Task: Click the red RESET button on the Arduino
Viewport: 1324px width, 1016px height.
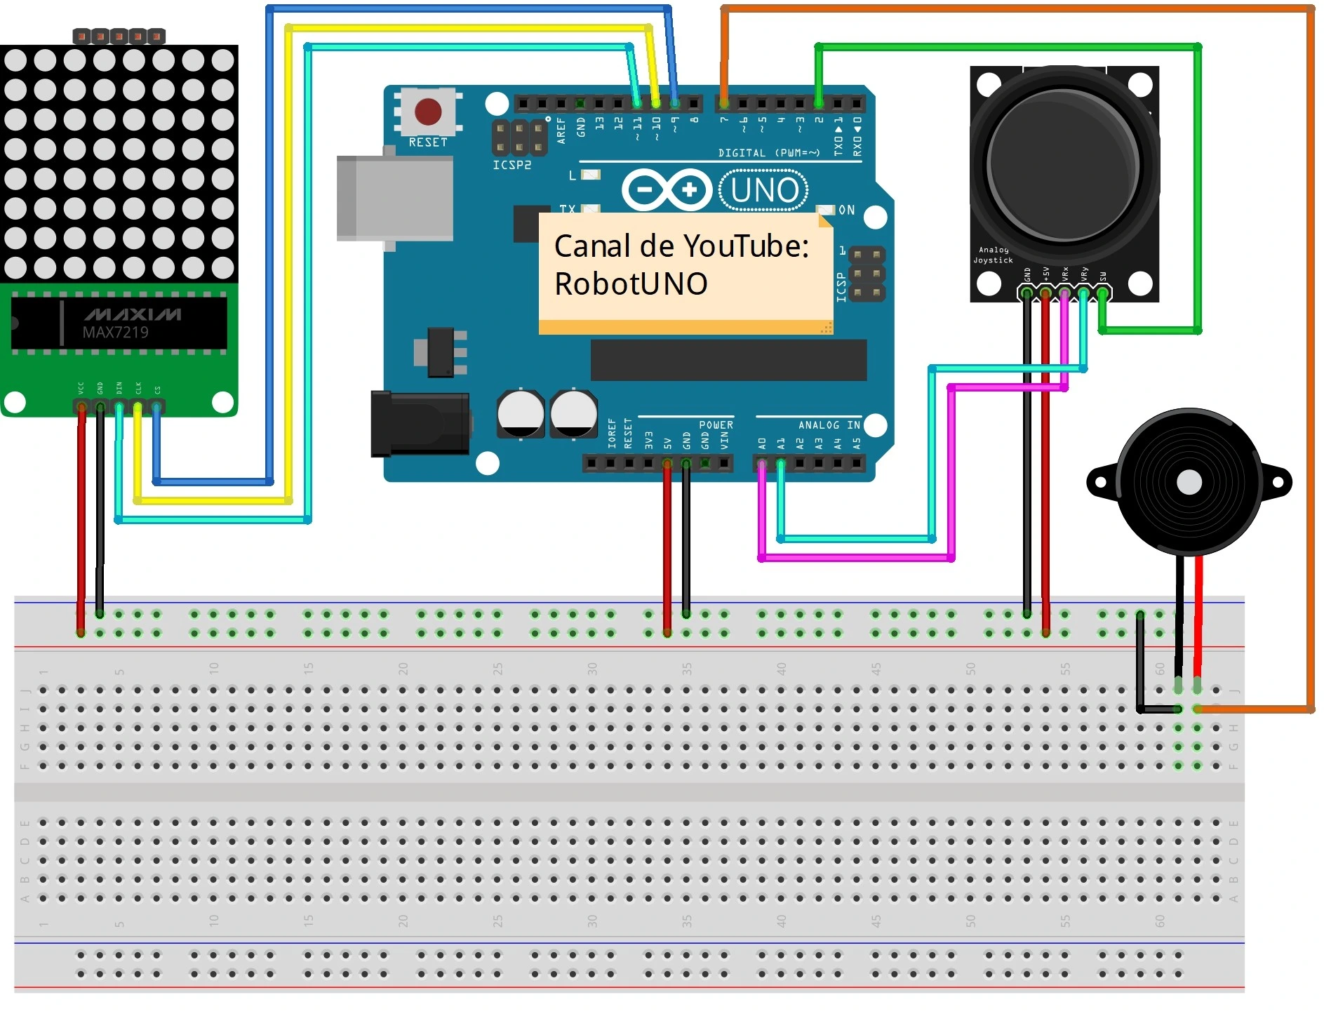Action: coord(428,112)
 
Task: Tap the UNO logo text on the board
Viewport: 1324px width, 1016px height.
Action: coord(764,190)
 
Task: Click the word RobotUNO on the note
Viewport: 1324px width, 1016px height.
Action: coord(631,284)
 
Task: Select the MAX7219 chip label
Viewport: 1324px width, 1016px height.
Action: coord(116,332)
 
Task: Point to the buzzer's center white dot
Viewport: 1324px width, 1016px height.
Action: coord(1189,482)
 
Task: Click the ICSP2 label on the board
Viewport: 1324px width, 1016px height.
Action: coord(512,165)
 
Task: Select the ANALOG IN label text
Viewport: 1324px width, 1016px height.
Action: coord(829,425)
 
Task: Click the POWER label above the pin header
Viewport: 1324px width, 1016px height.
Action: coord(716,425)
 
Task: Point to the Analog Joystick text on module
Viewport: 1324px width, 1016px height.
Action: coord(993,255)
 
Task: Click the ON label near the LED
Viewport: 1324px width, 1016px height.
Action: coord(847,210)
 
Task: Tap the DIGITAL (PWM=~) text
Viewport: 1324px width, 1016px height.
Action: coord(768,153)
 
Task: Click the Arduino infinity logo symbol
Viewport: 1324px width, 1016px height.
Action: coord(667,189)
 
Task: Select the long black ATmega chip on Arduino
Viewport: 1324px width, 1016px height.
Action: coord(728,360)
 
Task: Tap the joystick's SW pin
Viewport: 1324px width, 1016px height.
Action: coord(1102,293)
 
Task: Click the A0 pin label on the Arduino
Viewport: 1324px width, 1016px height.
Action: coord(762,443)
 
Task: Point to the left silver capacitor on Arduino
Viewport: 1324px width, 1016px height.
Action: coord(521,413)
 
